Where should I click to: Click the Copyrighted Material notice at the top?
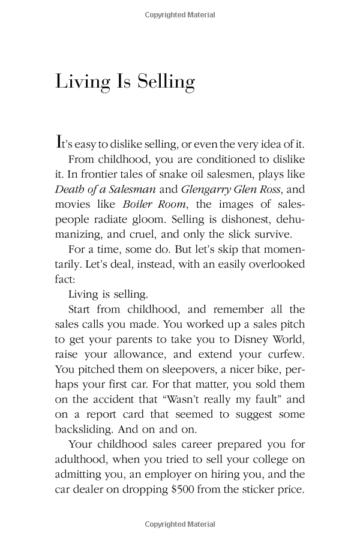(179, 15)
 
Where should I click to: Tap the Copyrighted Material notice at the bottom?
(179, 524)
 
